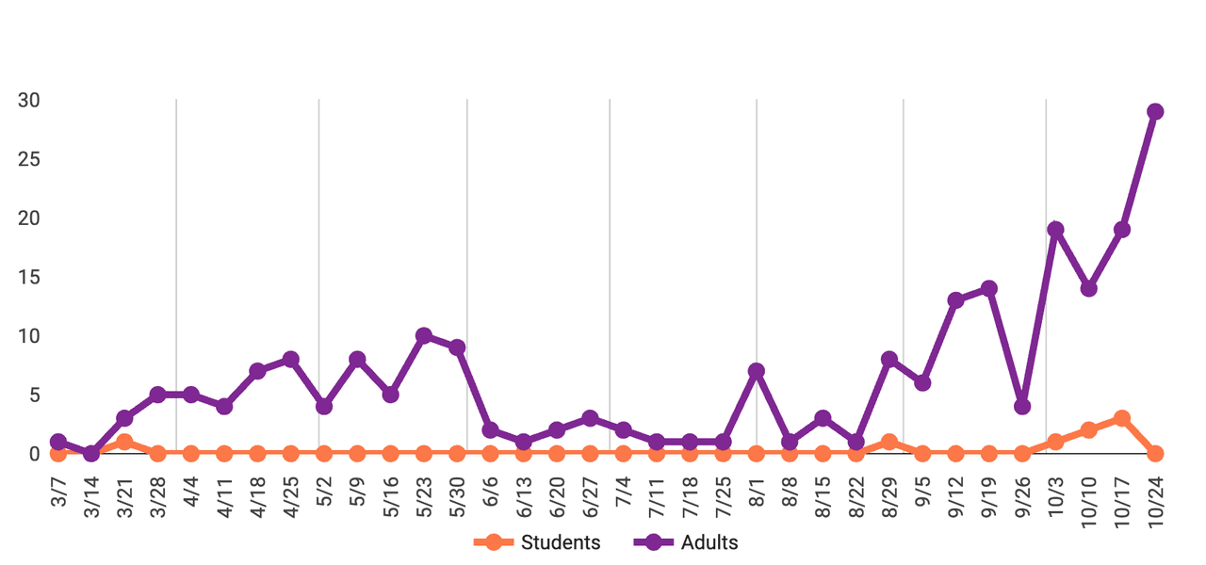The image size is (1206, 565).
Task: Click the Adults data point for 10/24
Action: (1155, 112)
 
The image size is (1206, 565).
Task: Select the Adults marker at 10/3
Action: (1055, 230)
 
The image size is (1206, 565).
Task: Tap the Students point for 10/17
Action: (1122, 418)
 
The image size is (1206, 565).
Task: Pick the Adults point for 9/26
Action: (1022, 407)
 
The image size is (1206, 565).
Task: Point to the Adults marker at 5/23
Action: (424, 336)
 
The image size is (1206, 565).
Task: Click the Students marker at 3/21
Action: (124, 442)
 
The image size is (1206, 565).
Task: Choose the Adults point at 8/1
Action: (757, 371)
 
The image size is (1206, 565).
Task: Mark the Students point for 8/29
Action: (889, 442)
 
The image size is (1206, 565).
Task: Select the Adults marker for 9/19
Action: (989, 289)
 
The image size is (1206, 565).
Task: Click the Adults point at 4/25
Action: (291, 360)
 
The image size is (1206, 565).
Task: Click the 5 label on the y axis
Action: (34, 395)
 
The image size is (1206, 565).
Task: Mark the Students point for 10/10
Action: (1089, 430)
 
